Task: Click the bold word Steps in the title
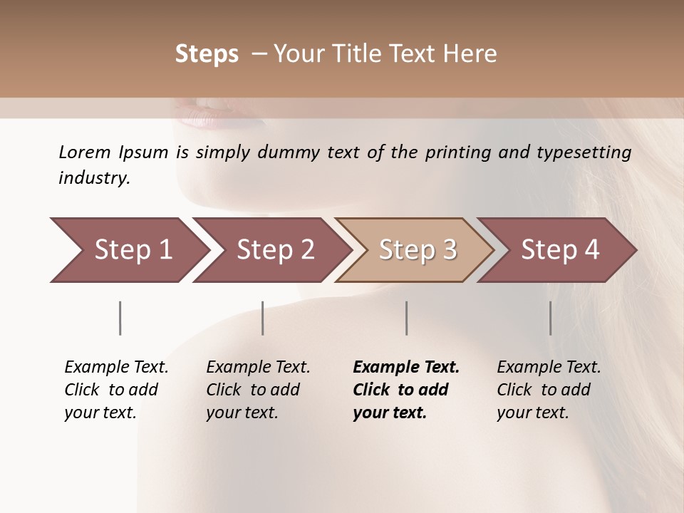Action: [207, 54]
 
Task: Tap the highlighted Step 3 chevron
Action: [418, 250]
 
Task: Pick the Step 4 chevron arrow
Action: [560, 250]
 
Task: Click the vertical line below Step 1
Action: [120, 318]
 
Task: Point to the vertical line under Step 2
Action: [263, 318]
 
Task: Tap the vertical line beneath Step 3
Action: [406, 318]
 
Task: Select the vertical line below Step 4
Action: [550, 318]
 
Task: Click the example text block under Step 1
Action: [116, 390]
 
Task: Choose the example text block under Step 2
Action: [258, 390]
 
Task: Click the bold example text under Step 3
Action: [406, 390]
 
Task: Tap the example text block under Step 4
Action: [549, 390]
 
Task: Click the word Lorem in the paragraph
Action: [85, 152]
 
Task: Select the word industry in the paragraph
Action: [94, 178]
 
